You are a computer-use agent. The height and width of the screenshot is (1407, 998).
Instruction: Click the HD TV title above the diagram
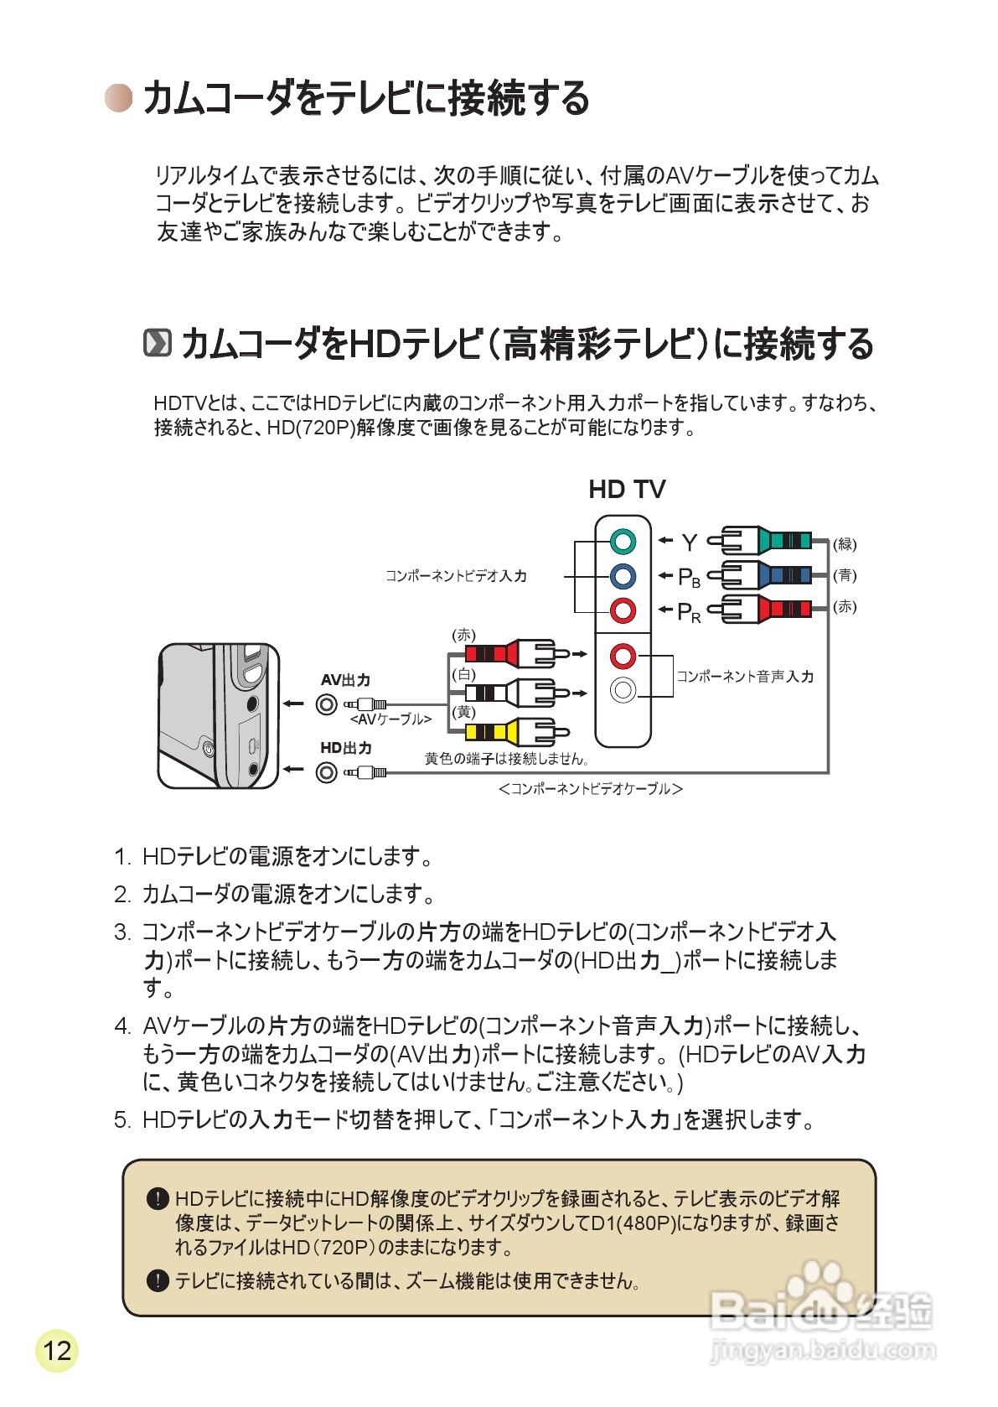coord(627,489)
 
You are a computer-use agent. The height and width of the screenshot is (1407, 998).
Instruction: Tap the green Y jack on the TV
coord(623,542)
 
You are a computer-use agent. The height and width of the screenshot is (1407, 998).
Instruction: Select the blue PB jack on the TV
coord(623,576)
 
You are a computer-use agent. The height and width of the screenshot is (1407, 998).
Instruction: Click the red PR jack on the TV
coord(623,610)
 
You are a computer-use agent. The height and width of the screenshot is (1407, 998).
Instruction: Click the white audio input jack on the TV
coord(623,690)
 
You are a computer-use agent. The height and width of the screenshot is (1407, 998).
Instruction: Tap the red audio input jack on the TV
coord(623,655)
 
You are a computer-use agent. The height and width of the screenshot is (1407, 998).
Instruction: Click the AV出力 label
coord(345,680)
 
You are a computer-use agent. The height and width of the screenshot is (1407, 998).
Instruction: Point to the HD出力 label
coord(345,748)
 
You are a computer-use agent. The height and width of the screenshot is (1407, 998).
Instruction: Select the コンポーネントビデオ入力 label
coord(456,576)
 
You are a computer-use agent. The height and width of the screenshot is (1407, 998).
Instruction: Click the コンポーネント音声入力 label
coord(744,676)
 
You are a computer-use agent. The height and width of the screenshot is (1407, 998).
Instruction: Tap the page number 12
coord(57,1351)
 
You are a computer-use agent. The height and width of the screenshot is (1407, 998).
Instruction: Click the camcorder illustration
coord(218,716)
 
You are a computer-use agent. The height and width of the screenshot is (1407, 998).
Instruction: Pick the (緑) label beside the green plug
coord(845,544)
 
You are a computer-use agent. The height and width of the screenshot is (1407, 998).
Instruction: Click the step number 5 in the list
coord(122,1120)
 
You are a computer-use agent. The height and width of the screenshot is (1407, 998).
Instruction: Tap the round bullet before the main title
coord(118,98)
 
